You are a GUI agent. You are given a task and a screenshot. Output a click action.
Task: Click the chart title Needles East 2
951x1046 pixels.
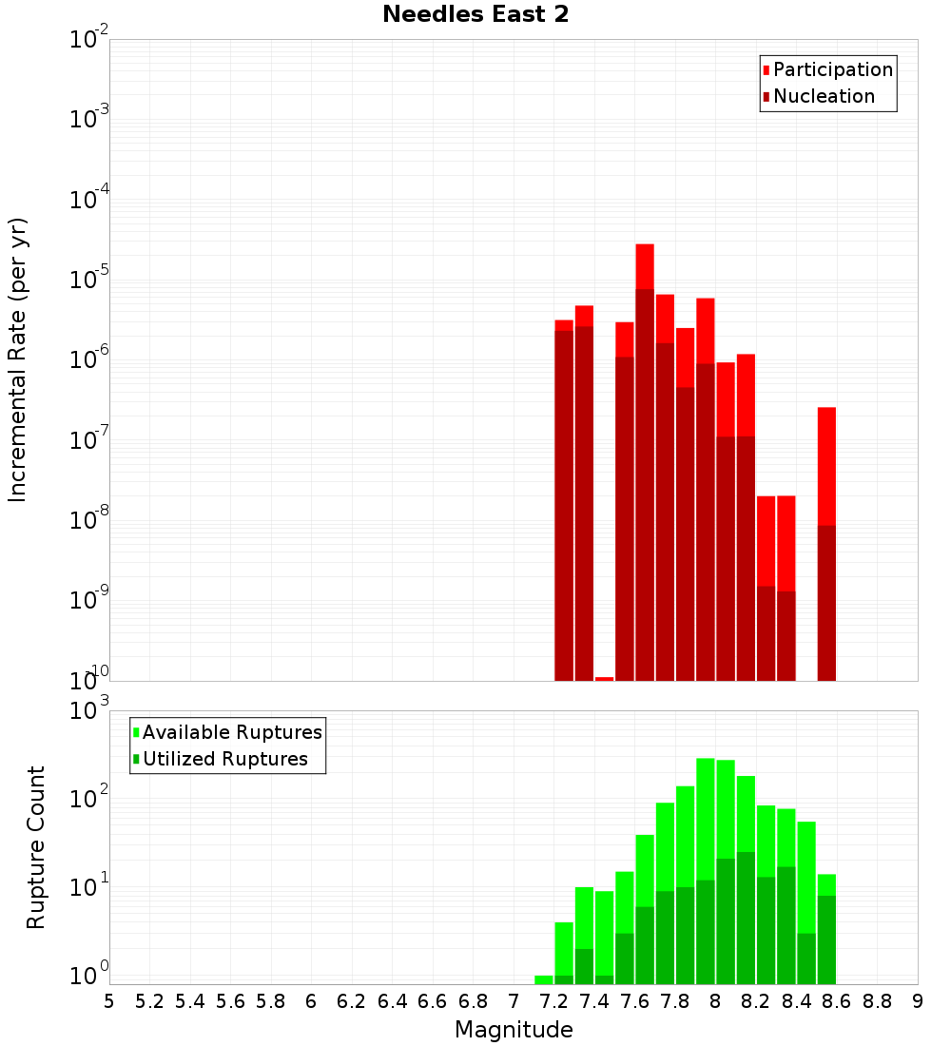[475, 15]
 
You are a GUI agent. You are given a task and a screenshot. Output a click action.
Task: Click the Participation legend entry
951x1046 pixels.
[833, 70]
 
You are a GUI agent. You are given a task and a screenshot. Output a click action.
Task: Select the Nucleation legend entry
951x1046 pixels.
[824, 97]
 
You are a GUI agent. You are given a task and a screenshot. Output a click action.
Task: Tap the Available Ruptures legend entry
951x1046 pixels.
[232, 733]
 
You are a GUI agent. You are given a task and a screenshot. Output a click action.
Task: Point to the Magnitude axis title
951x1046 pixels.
[514, 1030]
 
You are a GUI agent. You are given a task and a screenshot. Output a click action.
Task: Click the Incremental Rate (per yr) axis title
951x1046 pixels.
[18, 360]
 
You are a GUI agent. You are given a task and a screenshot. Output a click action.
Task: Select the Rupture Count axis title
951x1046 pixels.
[36, 847]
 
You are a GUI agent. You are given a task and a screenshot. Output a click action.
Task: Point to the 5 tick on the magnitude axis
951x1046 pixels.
[109, 1001]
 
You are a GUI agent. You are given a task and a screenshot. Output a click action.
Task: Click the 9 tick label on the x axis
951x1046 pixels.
[917, 1001]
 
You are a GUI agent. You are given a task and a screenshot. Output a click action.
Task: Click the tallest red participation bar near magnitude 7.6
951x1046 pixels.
[645, 266]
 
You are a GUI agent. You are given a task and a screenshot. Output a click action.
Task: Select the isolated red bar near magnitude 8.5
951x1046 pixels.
[826, 466]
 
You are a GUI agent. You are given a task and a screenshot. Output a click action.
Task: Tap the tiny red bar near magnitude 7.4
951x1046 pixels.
[604, 679]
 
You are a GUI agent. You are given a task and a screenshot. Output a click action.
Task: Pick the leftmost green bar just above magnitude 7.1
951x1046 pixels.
[544, 979]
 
